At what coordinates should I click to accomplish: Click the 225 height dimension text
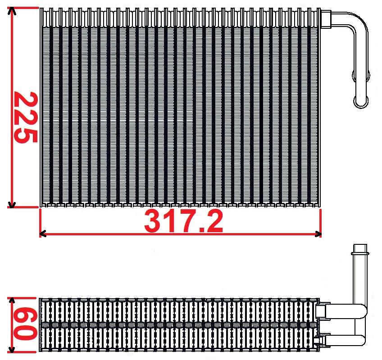point(26,117)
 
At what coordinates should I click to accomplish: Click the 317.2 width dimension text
point(183,221)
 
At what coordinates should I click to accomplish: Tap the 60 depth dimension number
point(25,324)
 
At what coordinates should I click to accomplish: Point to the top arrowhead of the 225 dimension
point(12,11)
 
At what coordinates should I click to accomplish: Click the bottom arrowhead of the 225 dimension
point(12,204)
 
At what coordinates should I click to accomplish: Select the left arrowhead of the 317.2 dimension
point(43,234)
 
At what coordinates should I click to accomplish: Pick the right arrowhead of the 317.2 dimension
point(318,234)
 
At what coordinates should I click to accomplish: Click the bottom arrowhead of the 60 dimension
point(12,350)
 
